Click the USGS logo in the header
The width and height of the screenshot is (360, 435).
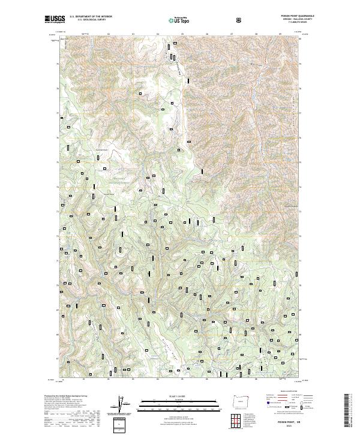[x=56, y=19]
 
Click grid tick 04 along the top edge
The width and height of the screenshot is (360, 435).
[x=158, y=34]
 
